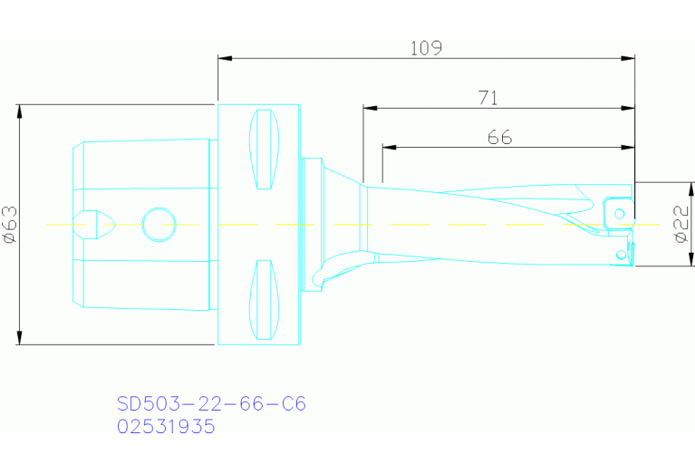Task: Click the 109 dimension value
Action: (425, 48)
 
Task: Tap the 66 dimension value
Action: (499, 138)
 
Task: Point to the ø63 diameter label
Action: (10, 224)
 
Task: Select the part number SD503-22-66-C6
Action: (211, 403)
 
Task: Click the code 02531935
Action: (166, 426)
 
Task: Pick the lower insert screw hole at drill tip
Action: (621, 255)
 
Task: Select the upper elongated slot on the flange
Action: (262, 149)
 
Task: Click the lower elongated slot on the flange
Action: (262, 298)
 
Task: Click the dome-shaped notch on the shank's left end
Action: (93, 223)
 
